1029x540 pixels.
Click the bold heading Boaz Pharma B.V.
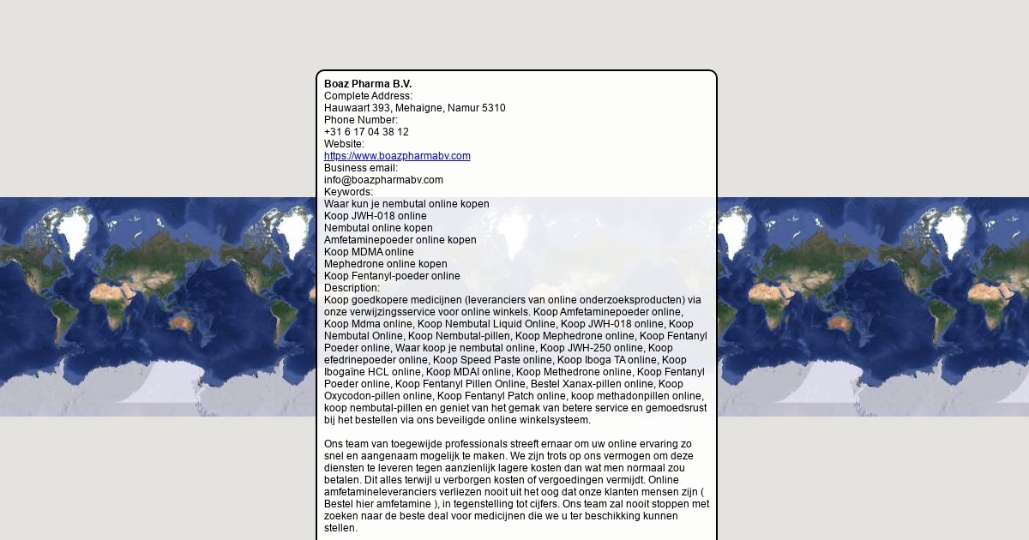coord(368,84)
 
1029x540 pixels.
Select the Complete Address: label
coord(368,96)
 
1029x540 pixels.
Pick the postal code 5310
coord(493,108)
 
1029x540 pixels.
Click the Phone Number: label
coord(361,120)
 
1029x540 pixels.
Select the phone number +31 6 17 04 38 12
coord(366,132)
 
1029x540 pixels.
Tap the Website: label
coord(344,144)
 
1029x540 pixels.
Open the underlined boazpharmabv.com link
coord(397,156)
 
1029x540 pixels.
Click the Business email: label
coord(361,168)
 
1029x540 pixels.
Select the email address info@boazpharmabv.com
coord(383,180)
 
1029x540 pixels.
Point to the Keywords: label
coord(348,192)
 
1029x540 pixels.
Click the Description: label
coord(352,288)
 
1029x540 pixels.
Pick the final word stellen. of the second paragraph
coord(340,528)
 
